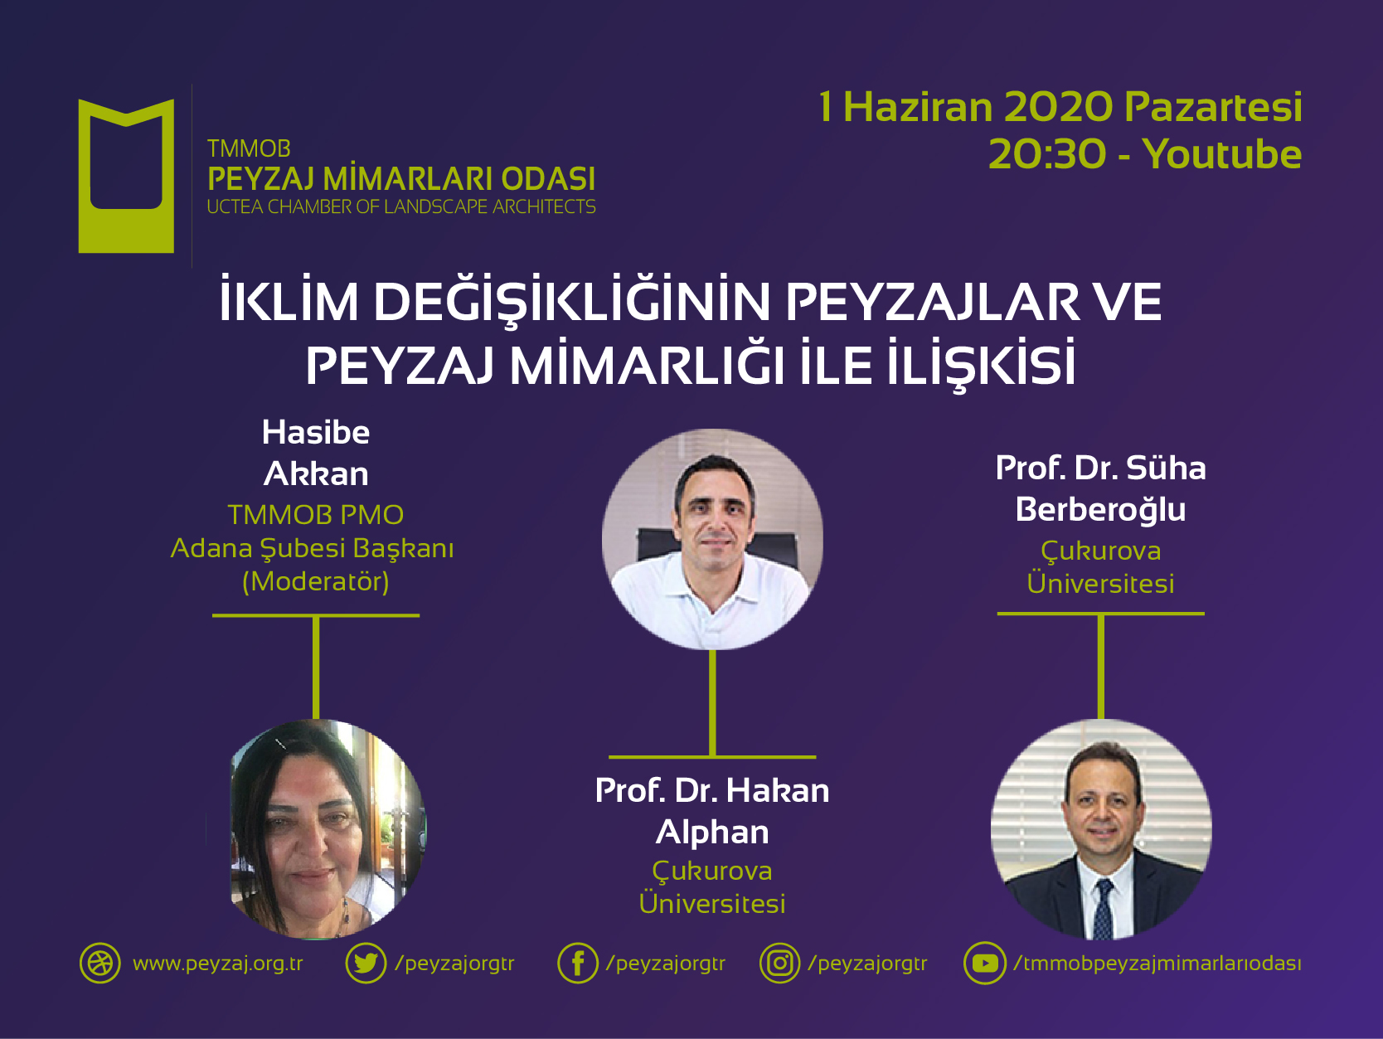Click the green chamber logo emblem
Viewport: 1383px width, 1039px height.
point(126,176)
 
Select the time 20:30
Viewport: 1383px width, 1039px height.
point(1047,154)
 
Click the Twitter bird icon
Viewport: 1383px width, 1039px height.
point(366,964)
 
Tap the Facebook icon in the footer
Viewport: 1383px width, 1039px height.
point(578,964)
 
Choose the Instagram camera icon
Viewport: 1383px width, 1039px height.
point(779,964)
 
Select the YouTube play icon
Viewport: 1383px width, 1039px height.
point(984,964)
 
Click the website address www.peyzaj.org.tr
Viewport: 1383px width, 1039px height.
point(218,964)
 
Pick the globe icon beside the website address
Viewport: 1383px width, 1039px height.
point(99,964)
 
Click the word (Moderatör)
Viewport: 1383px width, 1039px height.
point(315,581)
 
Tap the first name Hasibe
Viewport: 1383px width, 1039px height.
point(316,433)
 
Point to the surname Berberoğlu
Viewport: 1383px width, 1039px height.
point(1100,509)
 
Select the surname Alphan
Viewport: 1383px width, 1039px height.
point(712,832)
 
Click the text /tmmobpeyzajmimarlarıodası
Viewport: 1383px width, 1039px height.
point(1157,964)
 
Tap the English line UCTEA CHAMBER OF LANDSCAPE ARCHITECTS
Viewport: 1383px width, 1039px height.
point(401,206)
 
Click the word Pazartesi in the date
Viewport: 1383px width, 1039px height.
point(1213,107)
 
